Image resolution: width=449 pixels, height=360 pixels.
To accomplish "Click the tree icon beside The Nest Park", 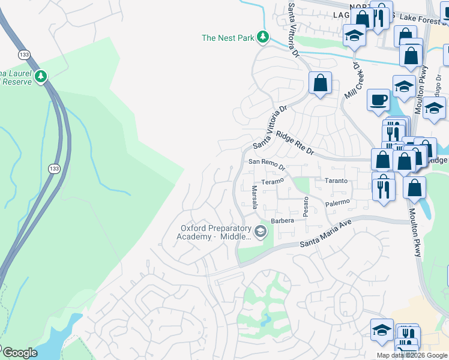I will [x=262, y=38].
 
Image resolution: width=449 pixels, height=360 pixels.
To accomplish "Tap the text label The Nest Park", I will [x=228, y=38].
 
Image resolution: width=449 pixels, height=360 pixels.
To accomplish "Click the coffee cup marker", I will [x=378, y=100].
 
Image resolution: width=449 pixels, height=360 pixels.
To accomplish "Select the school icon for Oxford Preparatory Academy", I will [x=261, y=232].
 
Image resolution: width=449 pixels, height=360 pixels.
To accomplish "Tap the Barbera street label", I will [x=283, y=221].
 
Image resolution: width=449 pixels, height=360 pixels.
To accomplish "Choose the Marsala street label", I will [x=255, y=198].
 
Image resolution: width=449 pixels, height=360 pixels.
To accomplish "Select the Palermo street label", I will [x=337, y=203].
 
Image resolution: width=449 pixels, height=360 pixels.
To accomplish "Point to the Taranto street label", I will [x=336, y=181].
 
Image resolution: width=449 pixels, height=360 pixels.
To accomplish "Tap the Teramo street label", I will [x=271, y=181].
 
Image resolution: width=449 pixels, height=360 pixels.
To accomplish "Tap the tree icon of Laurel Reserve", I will [x=41, y=76].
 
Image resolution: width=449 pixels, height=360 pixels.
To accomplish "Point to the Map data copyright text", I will [x=412, y=355].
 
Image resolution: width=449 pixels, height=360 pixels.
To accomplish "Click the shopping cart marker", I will [x=406, y=350].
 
